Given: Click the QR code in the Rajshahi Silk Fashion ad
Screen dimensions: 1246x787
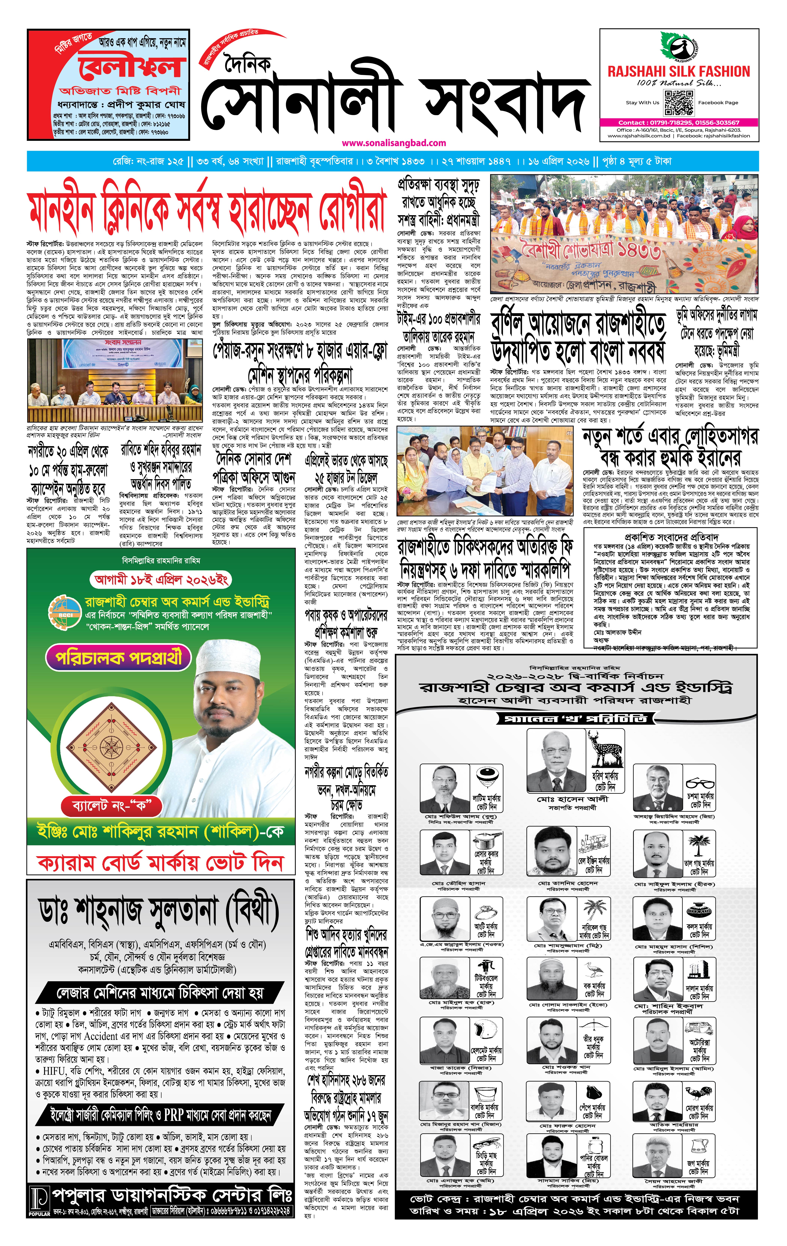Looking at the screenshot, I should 678,103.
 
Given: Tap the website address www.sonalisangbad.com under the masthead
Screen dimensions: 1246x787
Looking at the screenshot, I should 393,143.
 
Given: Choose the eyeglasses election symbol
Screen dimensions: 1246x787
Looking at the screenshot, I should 700,782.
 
